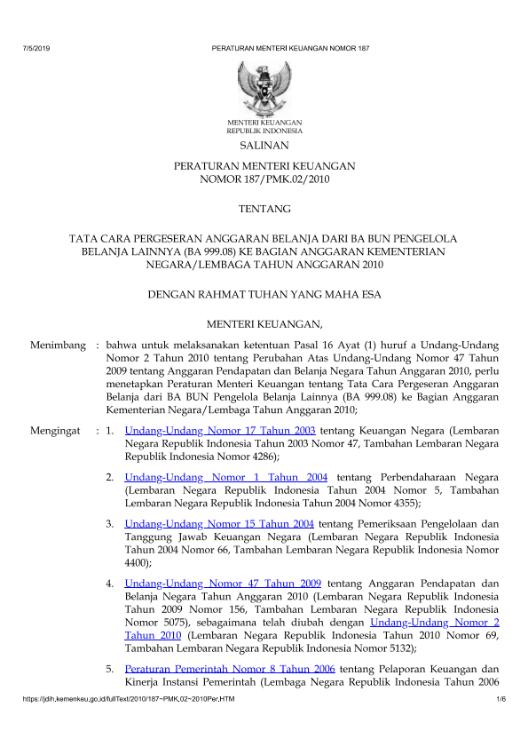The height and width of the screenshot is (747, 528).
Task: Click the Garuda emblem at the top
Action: click(264, 87)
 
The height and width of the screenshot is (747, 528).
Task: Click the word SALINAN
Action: click(264, 145)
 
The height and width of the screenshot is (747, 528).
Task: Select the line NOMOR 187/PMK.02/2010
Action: click(264, 179)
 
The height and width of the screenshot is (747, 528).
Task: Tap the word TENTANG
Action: click(264, 209)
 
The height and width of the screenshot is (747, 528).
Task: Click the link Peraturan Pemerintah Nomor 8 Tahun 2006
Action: click(218, 668)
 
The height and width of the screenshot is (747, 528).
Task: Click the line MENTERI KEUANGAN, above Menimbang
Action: click(264, 322)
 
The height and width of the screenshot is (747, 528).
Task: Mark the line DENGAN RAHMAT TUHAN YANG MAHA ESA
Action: click(264, 292)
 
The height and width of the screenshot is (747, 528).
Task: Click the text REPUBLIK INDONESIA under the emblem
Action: click(264, 130)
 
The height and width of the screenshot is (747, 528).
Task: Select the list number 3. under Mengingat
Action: click(110, 525)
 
